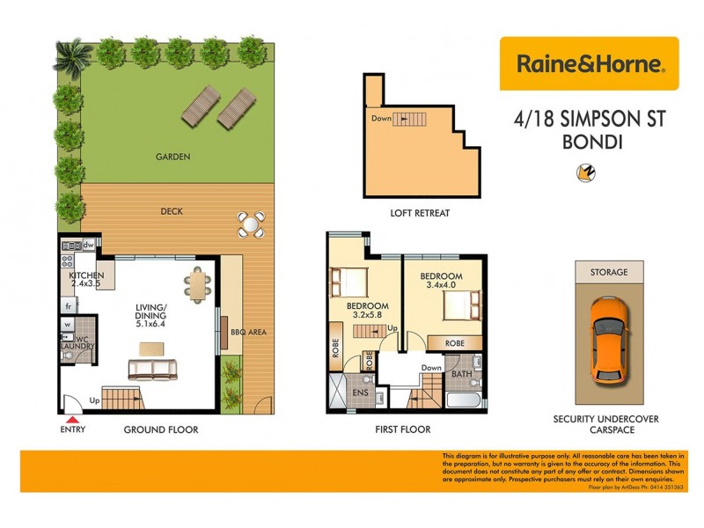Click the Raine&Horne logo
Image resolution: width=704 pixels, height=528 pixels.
(x=589, y=63)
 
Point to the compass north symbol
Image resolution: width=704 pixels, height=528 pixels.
(x=582, y=173)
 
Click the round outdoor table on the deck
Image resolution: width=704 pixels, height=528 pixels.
(x=251, y=225)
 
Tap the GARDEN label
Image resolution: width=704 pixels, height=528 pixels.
(x=173, y=157)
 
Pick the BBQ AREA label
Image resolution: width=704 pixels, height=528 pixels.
(x=247, y=332)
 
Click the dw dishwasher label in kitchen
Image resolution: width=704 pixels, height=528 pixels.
(x=89, y=245)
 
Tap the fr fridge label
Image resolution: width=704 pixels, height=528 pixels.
(x=68, y=306)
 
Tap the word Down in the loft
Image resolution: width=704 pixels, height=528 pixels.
(x=381, y=118)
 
